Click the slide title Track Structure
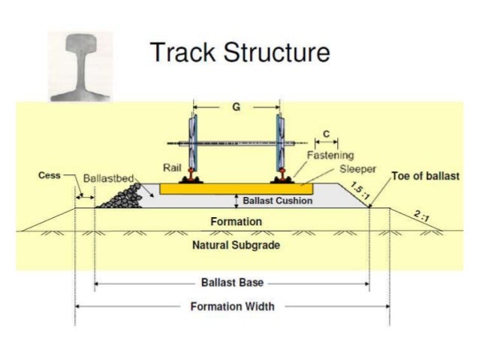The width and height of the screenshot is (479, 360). click(x=239, y=53)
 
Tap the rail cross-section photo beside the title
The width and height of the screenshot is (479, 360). click(x=80, y=65)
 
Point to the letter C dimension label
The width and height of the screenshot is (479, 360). click(x=325, y=133)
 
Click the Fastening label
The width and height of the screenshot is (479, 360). click(x=330, y=155)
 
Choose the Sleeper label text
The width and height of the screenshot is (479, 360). click(x=357, y=168)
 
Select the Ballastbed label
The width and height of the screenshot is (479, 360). click(x=108, y=179)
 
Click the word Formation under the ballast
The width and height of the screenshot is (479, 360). click(x=236, y=222)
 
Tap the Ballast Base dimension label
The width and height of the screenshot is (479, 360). click(x=232, y=283)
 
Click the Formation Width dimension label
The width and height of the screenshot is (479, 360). click(x=232, y=306)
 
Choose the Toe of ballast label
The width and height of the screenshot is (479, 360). click(x=425, y=177)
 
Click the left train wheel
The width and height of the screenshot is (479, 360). click(x=194, y=143)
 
